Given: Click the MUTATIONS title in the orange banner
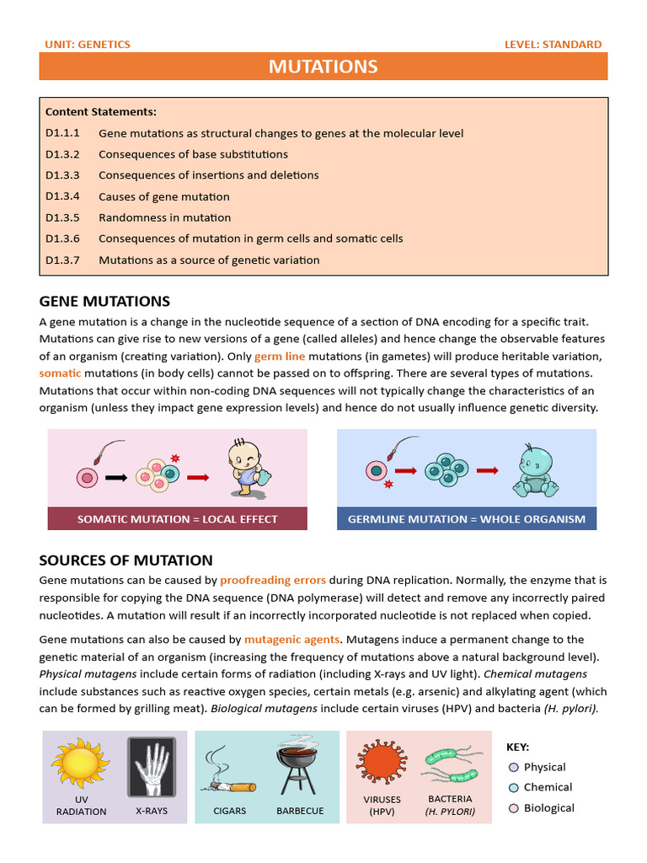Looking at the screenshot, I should [x=323, y=67].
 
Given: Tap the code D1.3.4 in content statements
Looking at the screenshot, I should [x=62, y=196].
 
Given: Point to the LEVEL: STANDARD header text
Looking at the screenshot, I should [x=553, y=44].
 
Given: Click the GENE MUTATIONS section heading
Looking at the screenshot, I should [x=104, y=301].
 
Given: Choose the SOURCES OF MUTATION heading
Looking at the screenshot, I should [x=126, y=560].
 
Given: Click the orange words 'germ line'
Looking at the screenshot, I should [x=281, y=356].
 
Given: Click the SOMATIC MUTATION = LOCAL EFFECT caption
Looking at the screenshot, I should [x=177, y=519].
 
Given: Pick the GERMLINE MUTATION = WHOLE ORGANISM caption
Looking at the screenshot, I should [x=467, y=519].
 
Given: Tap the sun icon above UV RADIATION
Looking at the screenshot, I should [x=81, y=764].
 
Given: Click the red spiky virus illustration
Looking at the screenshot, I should [x=382, y=761].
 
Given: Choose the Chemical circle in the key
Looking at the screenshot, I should [x=514, y=788].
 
